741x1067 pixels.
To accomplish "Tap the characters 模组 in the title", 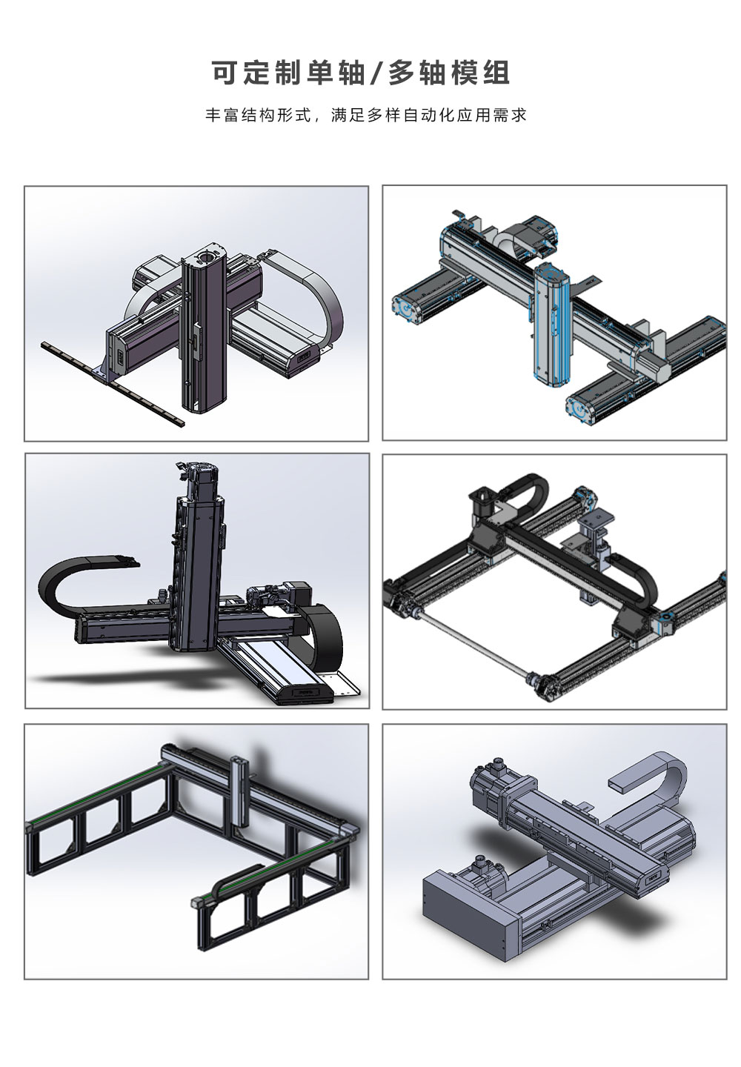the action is (x=479, y=73).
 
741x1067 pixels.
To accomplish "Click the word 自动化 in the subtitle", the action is (x=429, y=116).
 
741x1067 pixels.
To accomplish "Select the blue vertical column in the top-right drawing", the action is (x=551, y=321).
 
